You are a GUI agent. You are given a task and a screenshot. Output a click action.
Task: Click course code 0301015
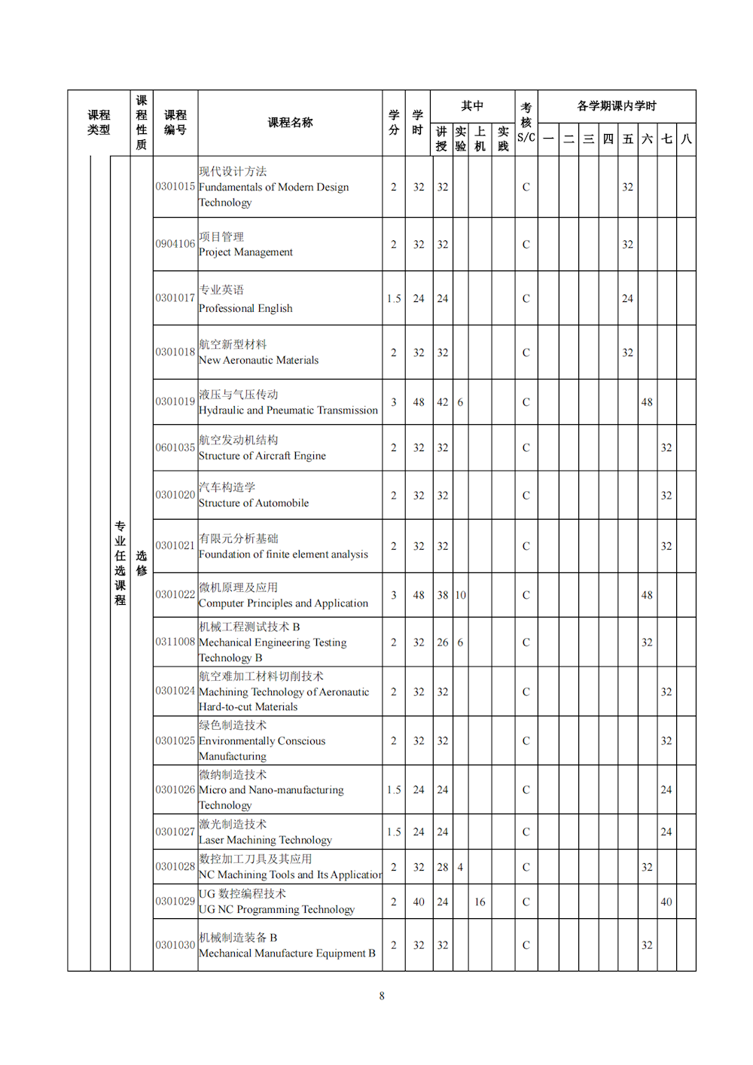(175, 187)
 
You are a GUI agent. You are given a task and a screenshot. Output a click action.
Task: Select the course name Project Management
(245, 245)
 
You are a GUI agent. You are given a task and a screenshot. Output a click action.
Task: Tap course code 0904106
(175, 244)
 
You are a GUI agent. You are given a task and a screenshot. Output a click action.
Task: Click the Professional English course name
(245, 299)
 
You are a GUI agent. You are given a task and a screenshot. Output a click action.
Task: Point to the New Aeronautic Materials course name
(258, 352)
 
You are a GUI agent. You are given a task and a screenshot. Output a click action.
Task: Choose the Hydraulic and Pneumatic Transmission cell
(288, 402)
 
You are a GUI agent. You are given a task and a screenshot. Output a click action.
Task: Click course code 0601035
(175, 447)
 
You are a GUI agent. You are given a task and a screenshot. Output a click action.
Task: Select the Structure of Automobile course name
(254, 496)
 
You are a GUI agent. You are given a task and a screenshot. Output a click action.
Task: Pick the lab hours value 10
(460, 595)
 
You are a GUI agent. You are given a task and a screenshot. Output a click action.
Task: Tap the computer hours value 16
(480, 902)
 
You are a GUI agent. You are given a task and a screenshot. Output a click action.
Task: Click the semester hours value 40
(666, 902)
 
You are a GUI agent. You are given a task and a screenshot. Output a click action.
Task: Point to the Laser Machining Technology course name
(265, 832)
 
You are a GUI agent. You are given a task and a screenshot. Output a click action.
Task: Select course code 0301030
(175, 945)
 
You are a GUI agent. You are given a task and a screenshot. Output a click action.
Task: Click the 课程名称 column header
(290, 123)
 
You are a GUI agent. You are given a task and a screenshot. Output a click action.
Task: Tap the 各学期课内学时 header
(617, 106)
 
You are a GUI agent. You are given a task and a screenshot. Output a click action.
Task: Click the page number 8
(382, 996)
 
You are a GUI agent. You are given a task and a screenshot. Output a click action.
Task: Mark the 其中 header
(472, 106)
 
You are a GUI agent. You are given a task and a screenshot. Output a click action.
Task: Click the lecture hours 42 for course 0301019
(443, 402)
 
